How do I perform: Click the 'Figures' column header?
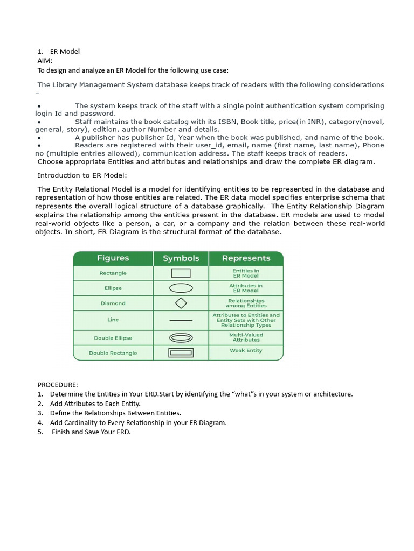(x=113, y=258)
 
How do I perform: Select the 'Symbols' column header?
(x=181, y=258)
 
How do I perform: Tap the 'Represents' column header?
(x=246, y=258)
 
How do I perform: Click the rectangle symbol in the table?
(x=181, y=273)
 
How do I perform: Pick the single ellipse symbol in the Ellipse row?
(x=181, y=288)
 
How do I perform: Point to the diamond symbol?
(x=181, y=303)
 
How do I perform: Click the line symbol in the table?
(x=181, y=320)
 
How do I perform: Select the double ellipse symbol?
(x=181, y=338)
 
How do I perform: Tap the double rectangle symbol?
(x=181, y=353)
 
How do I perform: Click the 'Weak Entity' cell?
(x=246, y=350)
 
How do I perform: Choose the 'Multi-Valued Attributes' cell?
(x=246, y=337)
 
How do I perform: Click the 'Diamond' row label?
(x=113, y=303)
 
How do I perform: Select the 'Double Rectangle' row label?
(x=113, y=353)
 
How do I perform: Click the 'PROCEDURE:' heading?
(x=58, y=385)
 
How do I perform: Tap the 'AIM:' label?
(x=45, y=61)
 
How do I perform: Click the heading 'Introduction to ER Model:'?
(x=82, y=175)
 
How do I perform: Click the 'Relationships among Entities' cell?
(x=246, y=303)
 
